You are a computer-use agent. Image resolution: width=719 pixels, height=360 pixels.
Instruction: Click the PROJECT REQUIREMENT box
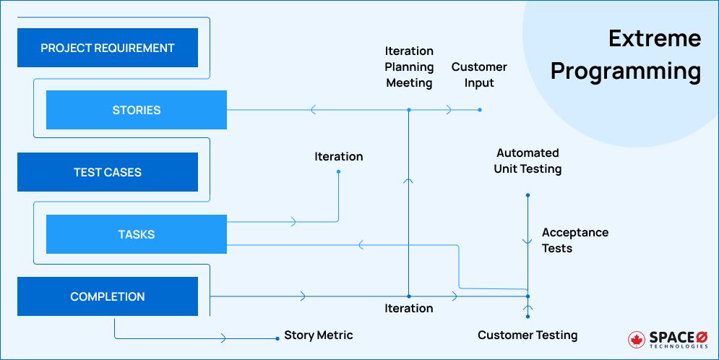(107, 48)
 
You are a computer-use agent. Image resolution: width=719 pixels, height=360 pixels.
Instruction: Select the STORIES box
(137, 111)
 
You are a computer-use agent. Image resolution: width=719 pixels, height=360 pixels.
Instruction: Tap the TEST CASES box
(107, 173)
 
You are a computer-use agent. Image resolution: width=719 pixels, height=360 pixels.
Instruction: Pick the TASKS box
(137, 235)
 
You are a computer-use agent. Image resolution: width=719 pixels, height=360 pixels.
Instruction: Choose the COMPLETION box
(107, 297)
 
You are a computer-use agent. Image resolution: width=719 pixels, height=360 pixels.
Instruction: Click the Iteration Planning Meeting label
(409, 67)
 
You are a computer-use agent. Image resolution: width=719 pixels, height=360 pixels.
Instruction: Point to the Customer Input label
(479, 74)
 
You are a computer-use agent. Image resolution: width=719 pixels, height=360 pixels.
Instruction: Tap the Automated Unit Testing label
(528, 161)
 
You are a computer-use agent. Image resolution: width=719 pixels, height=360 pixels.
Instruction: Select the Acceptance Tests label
(574, 241)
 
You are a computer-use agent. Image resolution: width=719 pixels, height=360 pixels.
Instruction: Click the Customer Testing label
(528, 335)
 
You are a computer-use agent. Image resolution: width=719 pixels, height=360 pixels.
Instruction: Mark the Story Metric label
(319, 335)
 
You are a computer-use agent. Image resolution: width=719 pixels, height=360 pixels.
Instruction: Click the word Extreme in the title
(654, 38)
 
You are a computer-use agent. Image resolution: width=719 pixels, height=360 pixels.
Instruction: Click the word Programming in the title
(626, 72)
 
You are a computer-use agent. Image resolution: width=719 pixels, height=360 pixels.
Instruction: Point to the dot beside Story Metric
(277, 338)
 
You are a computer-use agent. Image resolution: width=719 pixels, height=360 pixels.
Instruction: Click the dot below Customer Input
(480, 111)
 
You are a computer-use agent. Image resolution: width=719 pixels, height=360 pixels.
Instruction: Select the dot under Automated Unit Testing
(528, 195)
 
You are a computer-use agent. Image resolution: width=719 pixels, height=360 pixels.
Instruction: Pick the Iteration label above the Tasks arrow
(338, 157)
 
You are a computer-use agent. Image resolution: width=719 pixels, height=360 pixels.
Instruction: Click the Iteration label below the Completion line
(409, 309)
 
